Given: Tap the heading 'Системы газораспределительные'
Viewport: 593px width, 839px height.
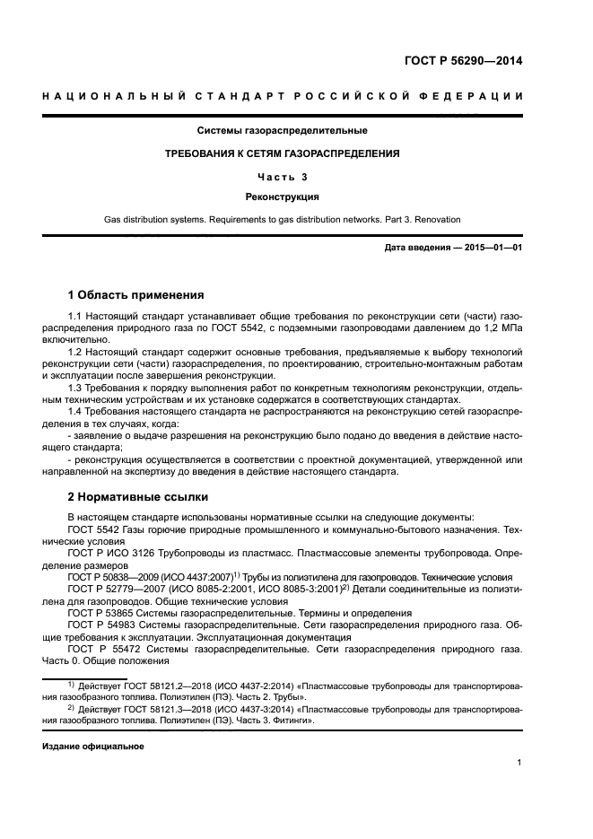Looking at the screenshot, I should pyautogui.click(x=297, y=131).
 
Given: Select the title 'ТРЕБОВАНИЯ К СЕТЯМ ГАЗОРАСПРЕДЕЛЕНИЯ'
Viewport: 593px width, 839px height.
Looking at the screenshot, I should pyautogui.click(x=296, y=153).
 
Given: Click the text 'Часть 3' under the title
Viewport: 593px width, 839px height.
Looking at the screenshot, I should pyautogui.click(x=296, y=176).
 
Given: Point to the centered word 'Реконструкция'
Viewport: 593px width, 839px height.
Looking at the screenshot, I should pyautogui.click(x=296, y=197).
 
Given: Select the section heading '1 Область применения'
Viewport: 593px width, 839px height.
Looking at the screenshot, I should pyautogui.click(x=136, y=294).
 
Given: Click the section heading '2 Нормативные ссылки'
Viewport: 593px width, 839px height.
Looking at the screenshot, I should pyautogui.click(x=138, y=496).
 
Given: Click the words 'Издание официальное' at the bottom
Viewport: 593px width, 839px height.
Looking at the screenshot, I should pyautogui.click(x=93, y=747).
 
